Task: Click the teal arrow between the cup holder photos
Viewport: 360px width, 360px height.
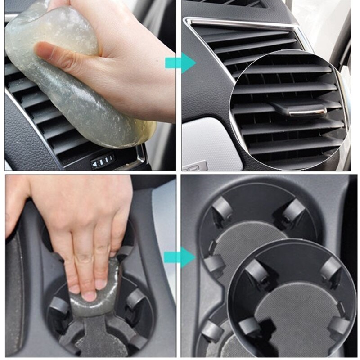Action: pos(180,257)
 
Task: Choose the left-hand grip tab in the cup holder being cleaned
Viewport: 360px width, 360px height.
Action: pos(59,306)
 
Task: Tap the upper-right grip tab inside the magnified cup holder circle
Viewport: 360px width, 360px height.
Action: pos(330,269)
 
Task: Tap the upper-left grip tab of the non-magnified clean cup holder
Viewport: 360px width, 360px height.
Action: pos(222,209)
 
